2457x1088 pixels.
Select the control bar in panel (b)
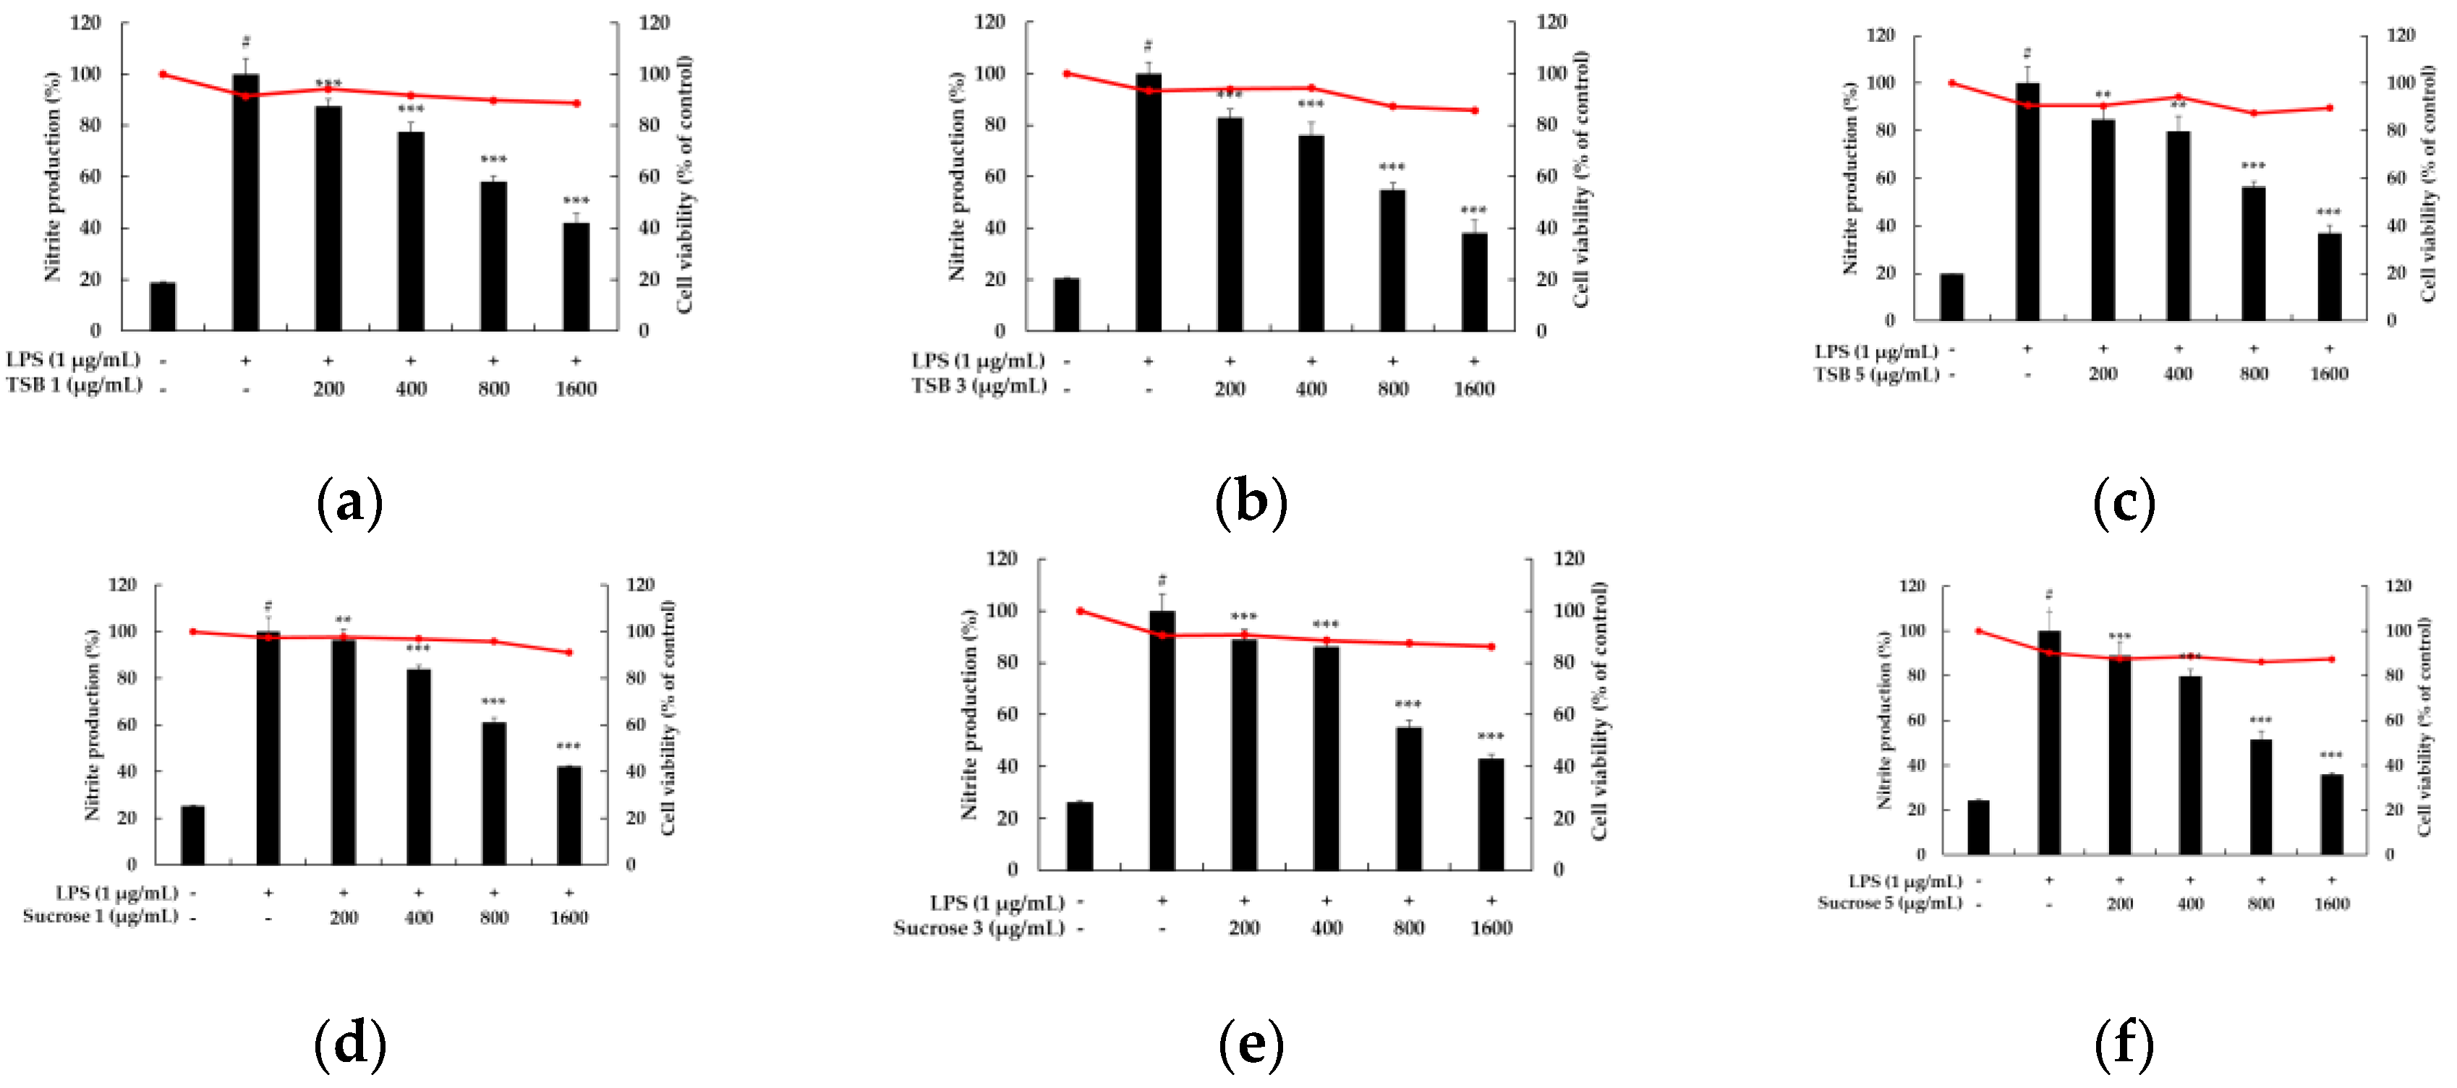point(1066,304)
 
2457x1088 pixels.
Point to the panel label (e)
point(1251,1043)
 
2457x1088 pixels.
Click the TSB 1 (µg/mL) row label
point(74,385)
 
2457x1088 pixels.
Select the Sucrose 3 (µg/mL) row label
point(979,928)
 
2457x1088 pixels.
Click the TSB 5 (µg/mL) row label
point(1876,374)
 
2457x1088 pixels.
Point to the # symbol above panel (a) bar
point(246,42)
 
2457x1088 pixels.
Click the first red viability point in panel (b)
point(1066,74)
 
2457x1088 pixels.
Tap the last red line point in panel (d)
point(569,652)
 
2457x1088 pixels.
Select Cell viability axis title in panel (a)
point(685,183)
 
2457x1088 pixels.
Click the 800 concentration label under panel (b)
point(1392,389)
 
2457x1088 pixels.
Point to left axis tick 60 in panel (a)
point(90,176)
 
